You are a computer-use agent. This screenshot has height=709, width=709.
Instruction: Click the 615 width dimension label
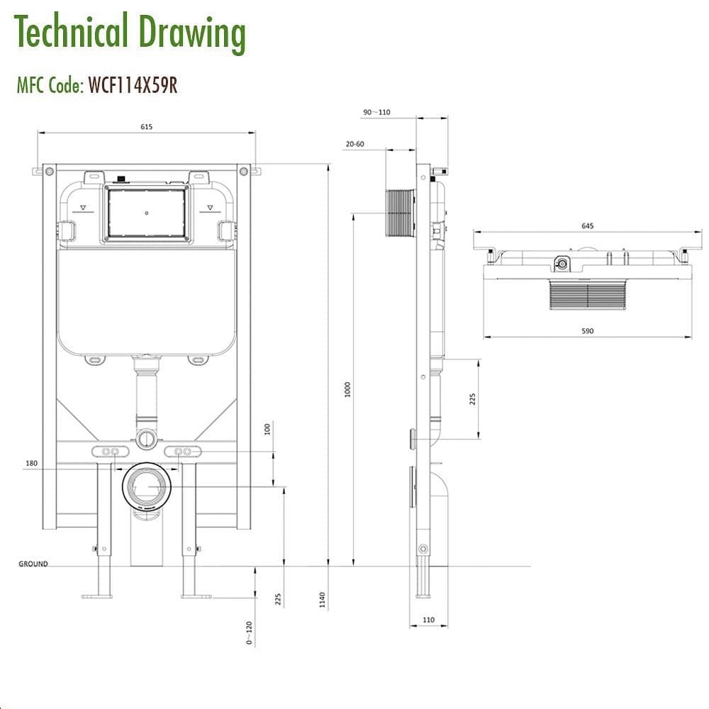[146, 127]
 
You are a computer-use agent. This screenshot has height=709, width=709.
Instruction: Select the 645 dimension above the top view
[587, 226]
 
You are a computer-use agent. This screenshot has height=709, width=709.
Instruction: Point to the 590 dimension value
[587, 330]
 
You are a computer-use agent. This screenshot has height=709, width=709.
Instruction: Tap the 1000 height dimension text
[347, 389]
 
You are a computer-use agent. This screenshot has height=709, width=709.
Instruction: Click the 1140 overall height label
[322, 600]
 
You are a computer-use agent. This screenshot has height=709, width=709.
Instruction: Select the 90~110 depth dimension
[376, 112]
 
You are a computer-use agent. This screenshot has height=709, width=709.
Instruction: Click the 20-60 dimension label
[354, 144]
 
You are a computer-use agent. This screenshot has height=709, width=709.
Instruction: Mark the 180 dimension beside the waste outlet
[30, 463]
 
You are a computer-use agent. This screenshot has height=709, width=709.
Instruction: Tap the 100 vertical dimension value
[267, 429]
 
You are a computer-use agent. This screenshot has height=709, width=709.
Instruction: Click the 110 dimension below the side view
[428, 620]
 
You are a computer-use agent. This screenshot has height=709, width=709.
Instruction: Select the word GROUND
[33, 564]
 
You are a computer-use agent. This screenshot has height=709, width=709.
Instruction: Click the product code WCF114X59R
[132, 85]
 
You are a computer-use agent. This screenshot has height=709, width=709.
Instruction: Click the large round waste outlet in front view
[146, 486]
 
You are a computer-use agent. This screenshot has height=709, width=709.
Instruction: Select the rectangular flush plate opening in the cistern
[146, 213]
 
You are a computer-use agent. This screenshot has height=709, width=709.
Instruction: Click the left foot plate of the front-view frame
[97, 596]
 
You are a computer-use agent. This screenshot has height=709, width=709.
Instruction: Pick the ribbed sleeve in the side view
[401, 213]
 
